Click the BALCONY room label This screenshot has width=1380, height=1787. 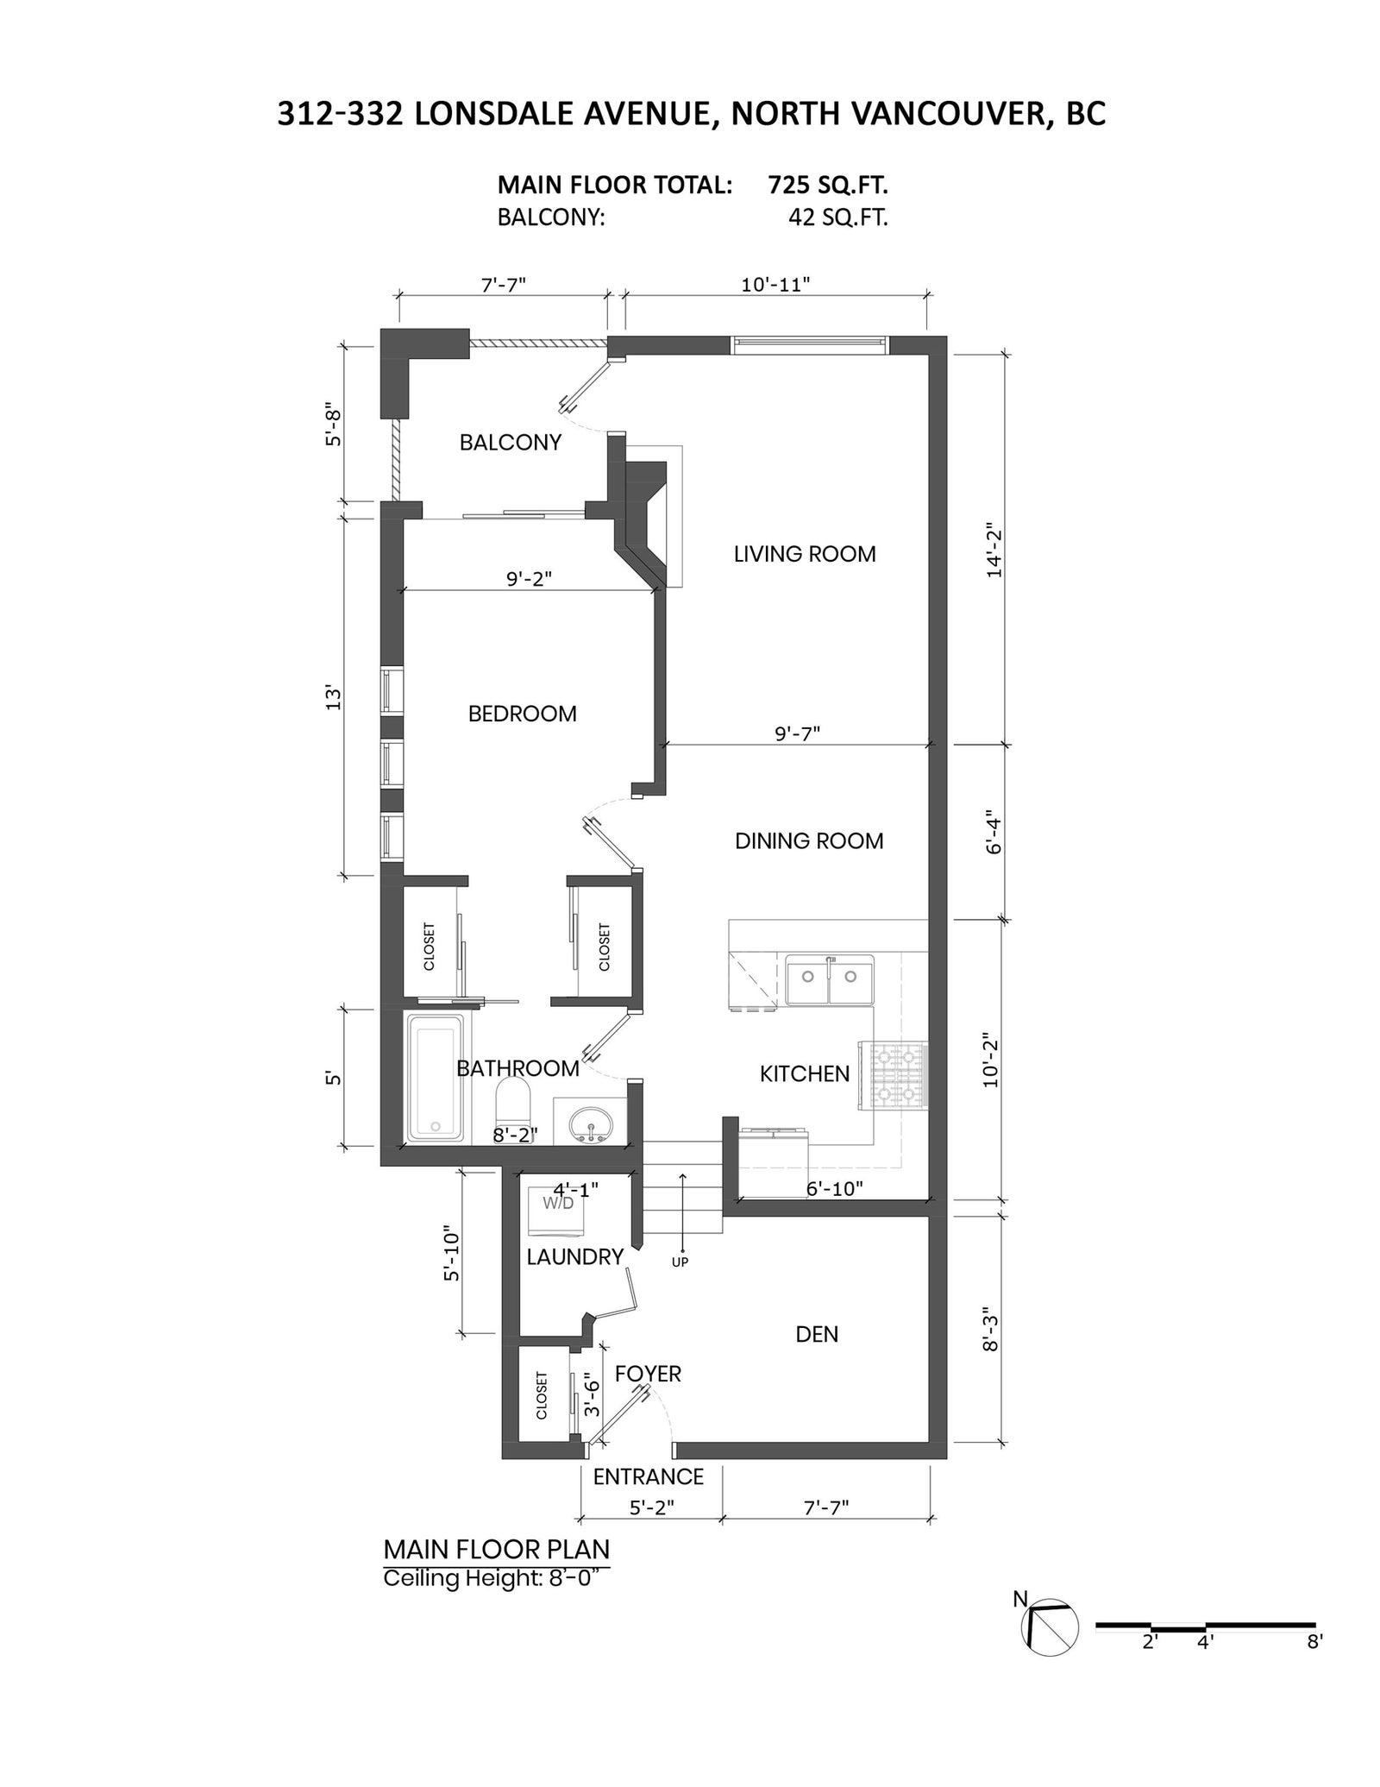tap(510, 443)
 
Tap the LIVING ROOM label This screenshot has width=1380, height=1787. tap(805, 554)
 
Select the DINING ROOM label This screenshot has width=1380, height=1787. tap(809, 841)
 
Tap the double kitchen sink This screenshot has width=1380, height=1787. tap(829, 979)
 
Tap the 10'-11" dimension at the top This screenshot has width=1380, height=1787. tap(775, 285)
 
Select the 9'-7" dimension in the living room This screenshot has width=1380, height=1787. tap(797, 733)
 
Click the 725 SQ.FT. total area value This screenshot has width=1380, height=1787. tap(828, 185)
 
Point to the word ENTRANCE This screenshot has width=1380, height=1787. tap(648, 1476)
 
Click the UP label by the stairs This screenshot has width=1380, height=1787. tap(680, 1262)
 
